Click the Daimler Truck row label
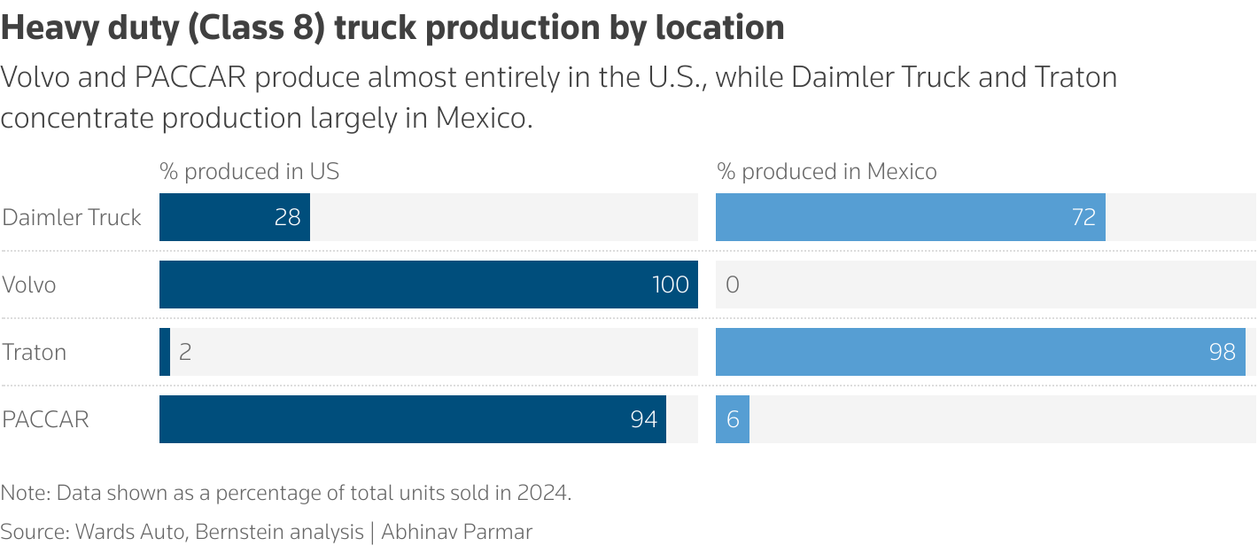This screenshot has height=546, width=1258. tap(72, 218)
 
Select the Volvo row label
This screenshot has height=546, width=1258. tap(29, 285)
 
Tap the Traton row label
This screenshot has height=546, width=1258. tap(35, 353)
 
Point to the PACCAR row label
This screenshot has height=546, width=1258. tap(46, 420)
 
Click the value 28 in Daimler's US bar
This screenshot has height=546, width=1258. tap(287, 218)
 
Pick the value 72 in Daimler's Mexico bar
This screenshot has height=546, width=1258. tap(1083, 218)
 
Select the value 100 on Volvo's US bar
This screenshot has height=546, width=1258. tap(670, 285)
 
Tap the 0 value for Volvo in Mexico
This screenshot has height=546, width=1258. tap(733, 285)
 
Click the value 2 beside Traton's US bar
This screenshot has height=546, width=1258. tap(185, 353)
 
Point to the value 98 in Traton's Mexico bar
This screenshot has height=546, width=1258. tap(1222, 353)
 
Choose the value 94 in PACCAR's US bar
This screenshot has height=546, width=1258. tap(643, 420)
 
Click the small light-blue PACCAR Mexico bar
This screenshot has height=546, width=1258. tap(733, 420)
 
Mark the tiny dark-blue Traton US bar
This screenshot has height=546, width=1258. tap(165, 353)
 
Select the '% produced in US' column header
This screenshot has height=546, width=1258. tap(249, 171)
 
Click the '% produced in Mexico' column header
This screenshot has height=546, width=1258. tap(827, 171)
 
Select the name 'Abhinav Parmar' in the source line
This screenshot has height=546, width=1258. tap(457, 532)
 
